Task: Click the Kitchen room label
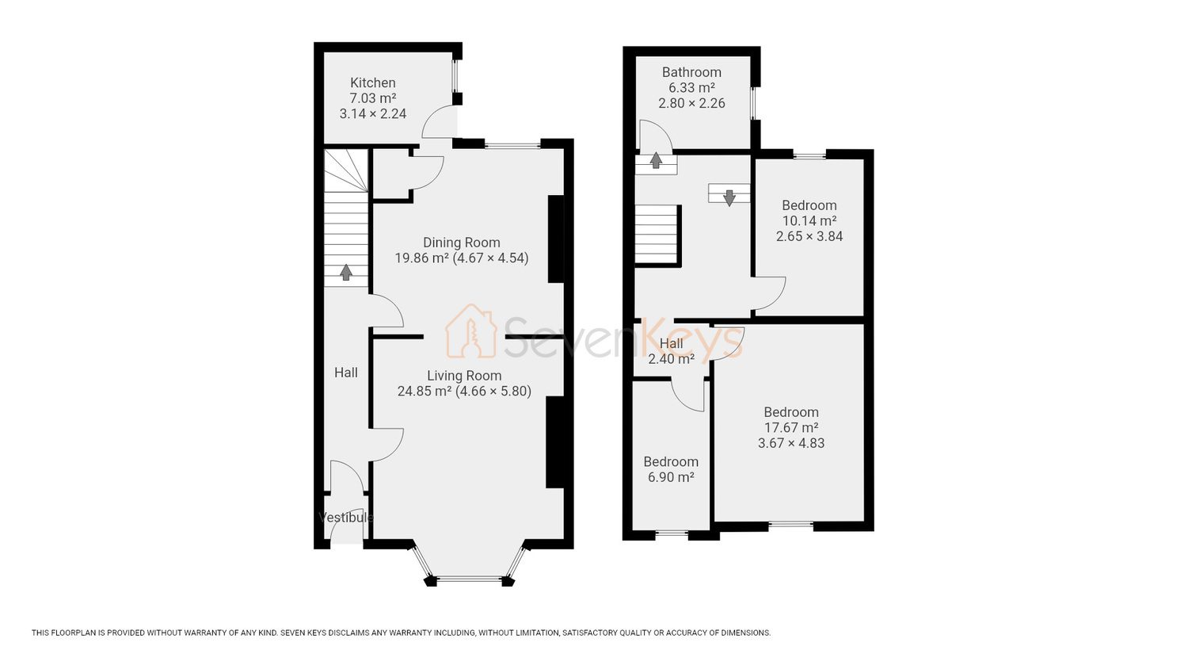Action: (373, 82)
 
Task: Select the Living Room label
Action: (464, 376)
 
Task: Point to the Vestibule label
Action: (346, 517)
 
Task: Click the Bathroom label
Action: (691, 72)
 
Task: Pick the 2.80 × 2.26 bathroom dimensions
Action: (691, 103)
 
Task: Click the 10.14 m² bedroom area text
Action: (809, 221)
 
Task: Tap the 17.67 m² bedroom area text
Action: (790, 427)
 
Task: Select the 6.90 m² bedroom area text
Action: (671, 477)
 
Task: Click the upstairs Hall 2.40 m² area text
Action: (672, 359)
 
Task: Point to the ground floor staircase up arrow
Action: (346, 273)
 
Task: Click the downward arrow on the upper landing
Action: (729, 197)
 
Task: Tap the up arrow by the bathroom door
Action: (656, 160)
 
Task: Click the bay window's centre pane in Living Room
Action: (469, 578)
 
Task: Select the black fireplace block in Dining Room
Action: (556, 239)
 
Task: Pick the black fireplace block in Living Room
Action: (554, 442)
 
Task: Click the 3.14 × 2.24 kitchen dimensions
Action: (373, 113)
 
